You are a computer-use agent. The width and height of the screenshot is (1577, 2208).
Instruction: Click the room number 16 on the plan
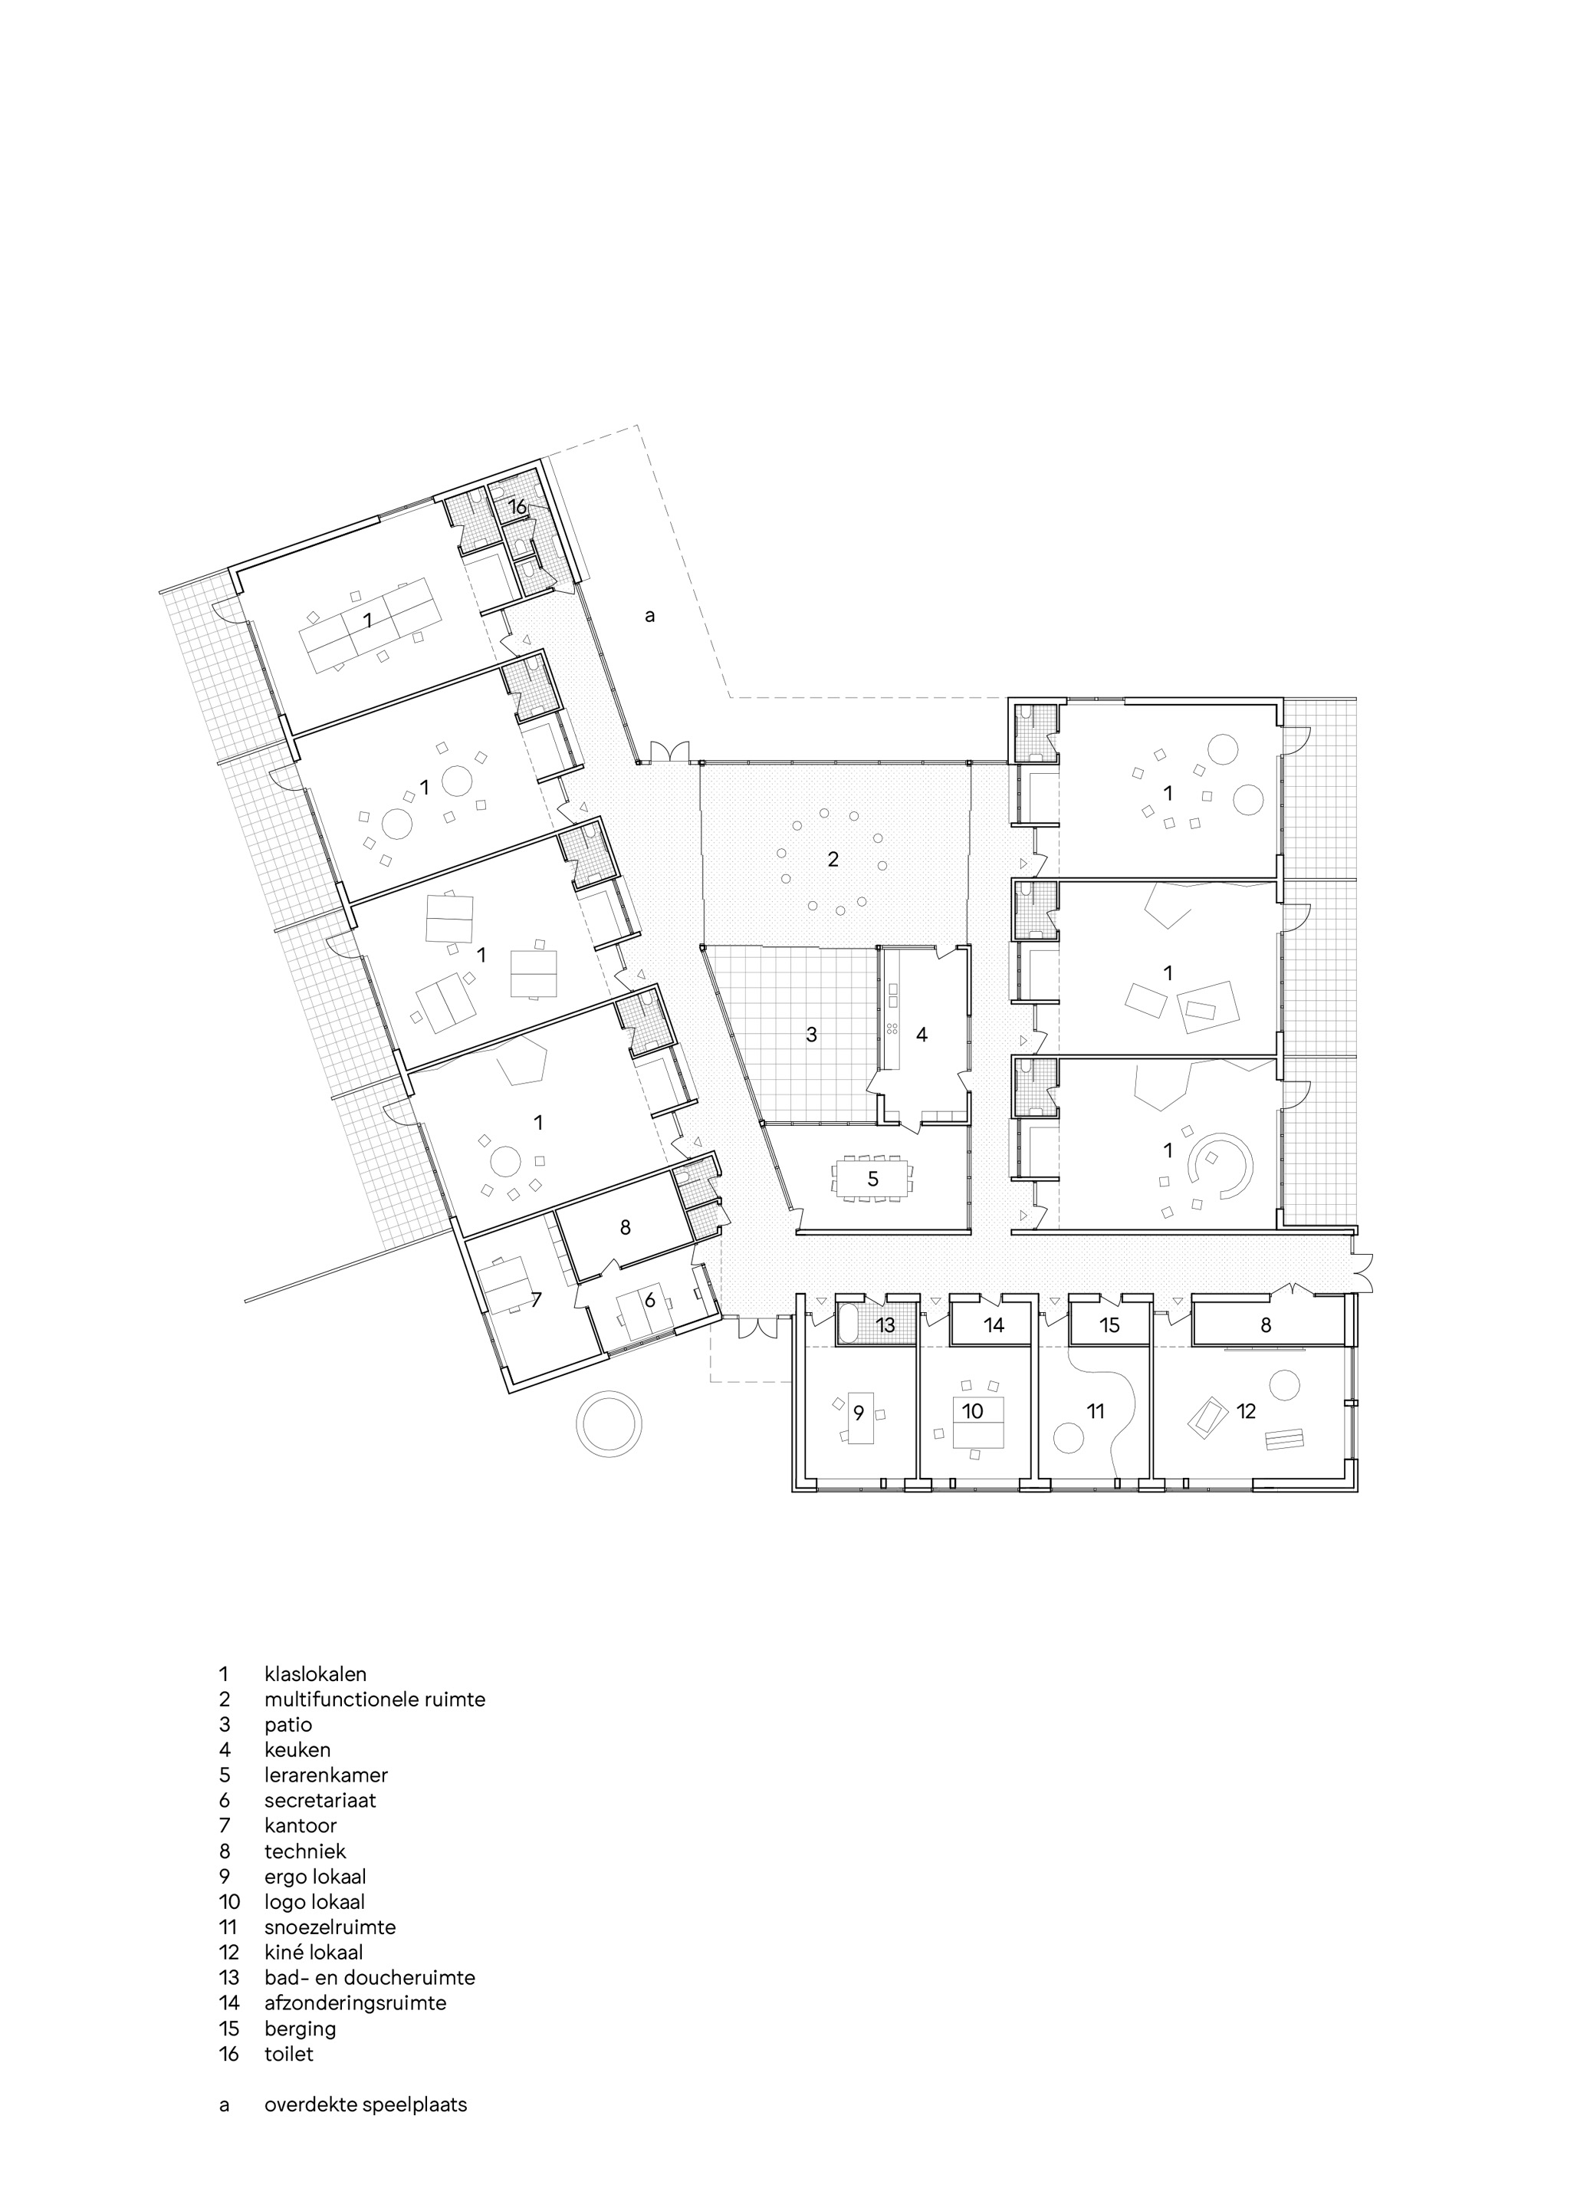coord(517,506)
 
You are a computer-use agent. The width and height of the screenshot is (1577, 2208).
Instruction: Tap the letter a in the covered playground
coord(649,615)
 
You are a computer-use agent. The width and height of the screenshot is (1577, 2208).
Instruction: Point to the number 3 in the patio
coord(812,1035)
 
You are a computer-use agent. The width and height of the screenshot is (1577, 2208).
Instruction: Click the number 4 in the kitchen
coord(922,1035)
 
